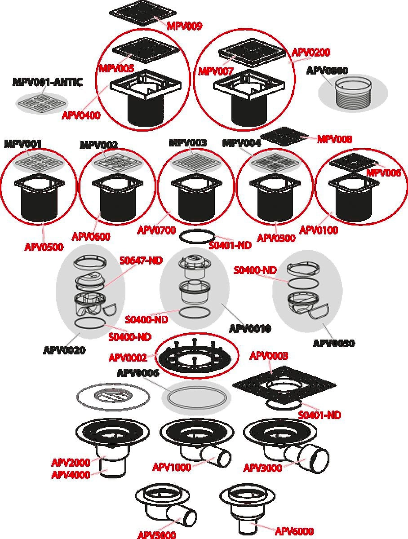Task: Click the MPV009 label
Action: (184, 26)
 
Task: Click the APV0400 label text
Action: (81, 115)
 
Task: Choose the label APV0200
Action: (311, 52)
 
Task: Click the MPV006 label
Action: (383, 173)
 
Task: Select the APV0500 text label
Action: (44, 247)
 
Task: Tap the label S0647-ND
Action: (141, 261)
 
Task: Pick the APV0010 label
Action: (250, 329)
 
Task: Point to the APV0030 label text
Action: (333, 343)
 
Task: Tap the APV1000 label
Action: (172, 467)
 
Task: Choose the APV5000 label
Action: (156, 535)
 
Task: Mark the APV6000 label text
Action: (294, 531)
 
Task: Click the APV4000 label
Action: (71, 475)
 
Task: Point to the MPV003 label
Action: (187, 143)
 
